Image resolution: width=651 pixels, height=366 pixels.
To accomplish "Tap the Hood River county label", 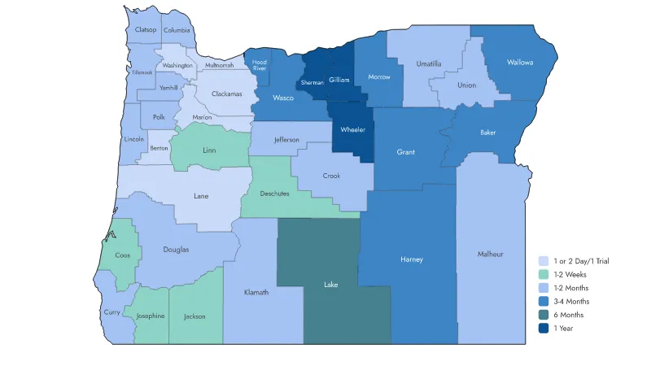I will pos(260,65).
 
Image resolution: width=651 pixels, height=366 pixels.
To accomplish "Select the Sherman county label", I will pos(312,83).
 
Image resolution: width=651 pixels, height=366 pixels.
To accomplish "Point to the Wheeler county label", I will pos(353,129).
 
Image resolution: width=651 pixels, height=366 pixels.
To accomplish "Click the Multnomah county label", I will pos(219,65).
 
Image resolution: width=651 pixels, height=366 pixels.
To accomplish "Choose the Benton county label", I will pos(159,148).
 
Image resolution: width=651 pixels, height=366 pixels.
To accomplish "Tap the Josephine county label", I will pos(151,316).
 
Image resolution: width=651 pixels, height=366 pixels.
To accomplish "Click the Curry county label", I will pos(112,312).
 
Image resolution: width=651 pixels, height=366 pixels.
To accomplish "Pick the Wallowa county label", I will pos(520,62).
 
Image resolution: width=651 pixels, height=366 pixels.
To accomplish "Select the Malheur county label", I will pos(490,255).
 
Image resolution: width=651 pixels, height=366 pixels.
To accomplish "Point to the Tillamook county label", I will pos(142,72).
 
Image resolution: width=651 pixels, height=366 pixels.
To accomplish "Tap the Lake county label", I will pos(330,285).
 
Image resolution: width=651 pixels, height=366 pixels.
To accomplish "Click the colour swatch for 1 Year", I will pos(543,328).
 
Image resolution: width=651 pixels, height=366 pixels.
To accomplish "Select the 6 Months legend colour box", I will pos(543,315).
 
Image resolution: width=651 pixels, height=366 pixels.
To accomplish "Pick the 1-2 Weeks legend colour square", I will pos(543,274).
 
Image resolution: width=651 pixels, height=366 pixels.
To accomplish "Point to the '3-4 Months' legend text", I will pos(571,301).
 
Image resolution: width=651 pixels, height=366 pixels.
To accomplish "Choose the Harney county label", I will pos(413,259).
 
